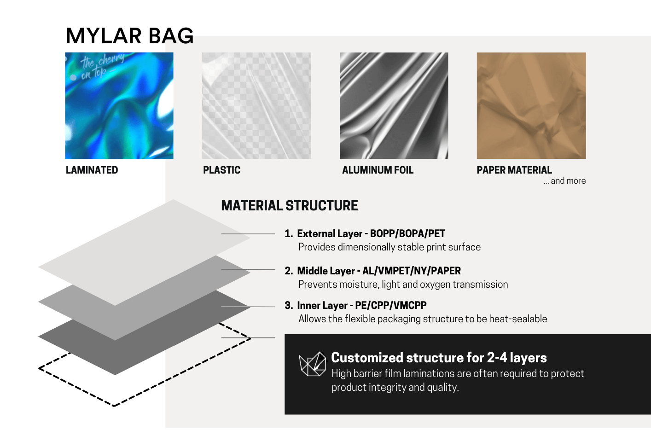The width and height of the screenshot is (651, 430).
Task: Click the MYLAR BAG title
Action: click(130, 36)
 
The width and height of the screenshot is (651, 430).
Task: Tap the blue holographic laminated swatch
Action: click(119, 106)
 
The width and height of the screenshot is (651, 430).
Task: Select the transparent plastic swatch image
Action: click(256, 106)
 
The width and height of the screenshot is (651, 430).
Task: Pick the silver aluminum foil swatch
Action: click(394, 106)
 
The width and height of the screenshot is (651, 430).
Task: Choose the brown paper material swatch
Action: click(531, 106)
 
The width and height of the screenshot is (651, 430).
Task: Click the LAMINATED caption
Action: click(92, 170)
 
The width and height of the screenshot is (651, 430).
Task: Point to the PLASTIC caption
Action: click(222, 170)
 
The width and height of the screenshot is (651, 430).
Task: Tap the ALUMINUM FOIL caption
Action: click(378, 170)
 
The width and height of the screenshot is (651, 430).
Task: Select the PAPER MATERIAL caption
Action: click(514, 170)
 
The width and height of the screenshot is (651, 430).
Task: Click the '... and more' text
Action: click(564, 181)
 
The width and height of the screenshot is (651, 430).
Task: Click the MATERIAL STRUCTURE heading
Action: click(290, 206)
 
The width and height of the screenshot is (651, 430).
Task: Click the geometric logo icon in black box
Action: click(313, 364)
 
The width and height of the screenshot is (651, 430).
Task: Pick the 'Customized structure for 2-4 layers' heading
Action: click(439, 358)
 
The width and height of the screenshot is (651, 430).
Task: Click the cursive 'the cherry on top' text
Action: click(102, 66)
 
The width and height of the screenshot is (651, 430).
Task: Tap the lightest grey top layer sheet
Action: click(144, 252)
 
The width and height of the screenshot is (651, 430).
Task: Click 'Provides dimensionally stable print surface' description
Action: click(389, 247)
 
